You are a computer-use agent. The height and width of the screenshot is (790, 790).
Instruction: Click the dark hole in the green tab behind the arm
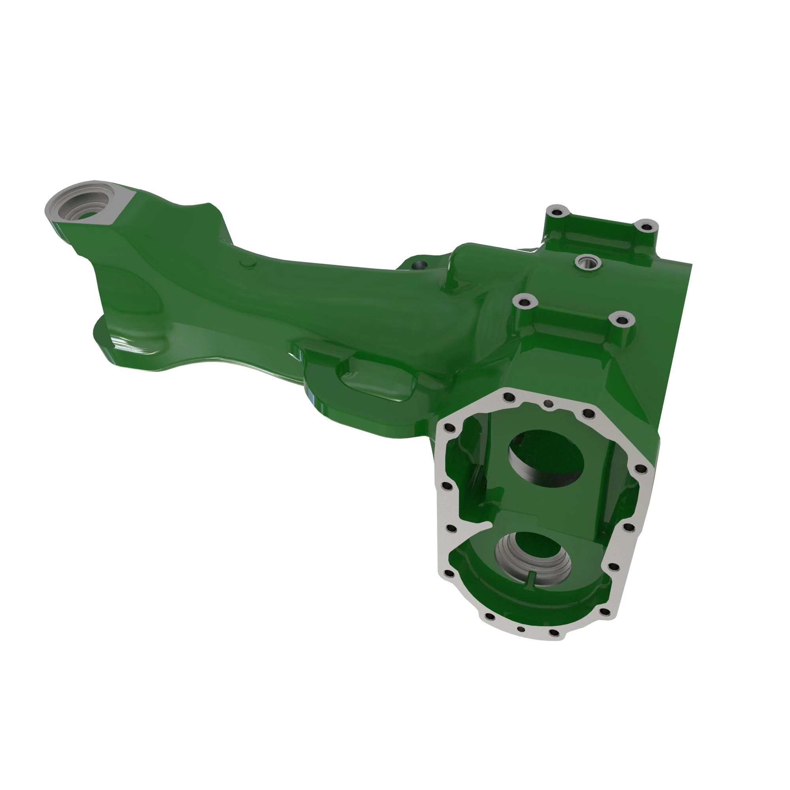click(418, 266)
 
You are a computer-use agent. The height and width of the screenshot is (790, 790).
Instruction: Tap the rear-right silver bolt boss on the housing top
click(646, 226)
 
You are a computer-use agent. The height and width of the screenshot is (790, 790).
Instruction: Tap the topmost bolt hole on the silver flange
click(509, 397)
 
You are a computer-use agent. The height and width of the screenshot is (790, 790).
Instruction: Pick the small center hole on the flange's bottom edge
click(521, 641)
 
